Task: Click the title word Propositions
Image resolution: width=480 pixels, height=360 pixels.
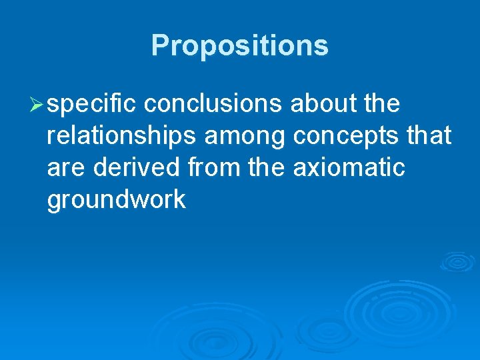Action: pos(239,46)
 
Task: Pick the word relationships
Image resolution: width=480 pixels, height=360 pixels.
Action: pos(121,136)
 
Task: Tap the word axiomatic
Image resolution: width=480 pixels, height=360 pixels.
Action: pos(349,167)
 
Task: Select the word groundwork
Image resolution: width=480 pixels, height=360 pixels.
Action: pos(117,200)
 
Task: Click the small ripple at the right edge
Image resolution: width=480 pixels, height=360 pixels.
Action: pos(457,261)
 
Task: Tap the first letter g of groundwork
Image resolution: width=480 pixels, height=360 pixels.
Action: pos(55,201)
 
